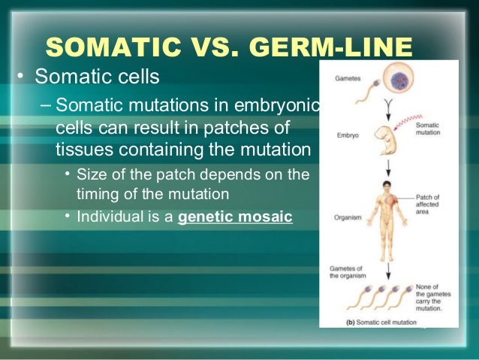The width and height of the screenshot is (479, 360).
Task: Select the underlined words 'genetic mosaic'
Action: (x=235, y=219)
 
